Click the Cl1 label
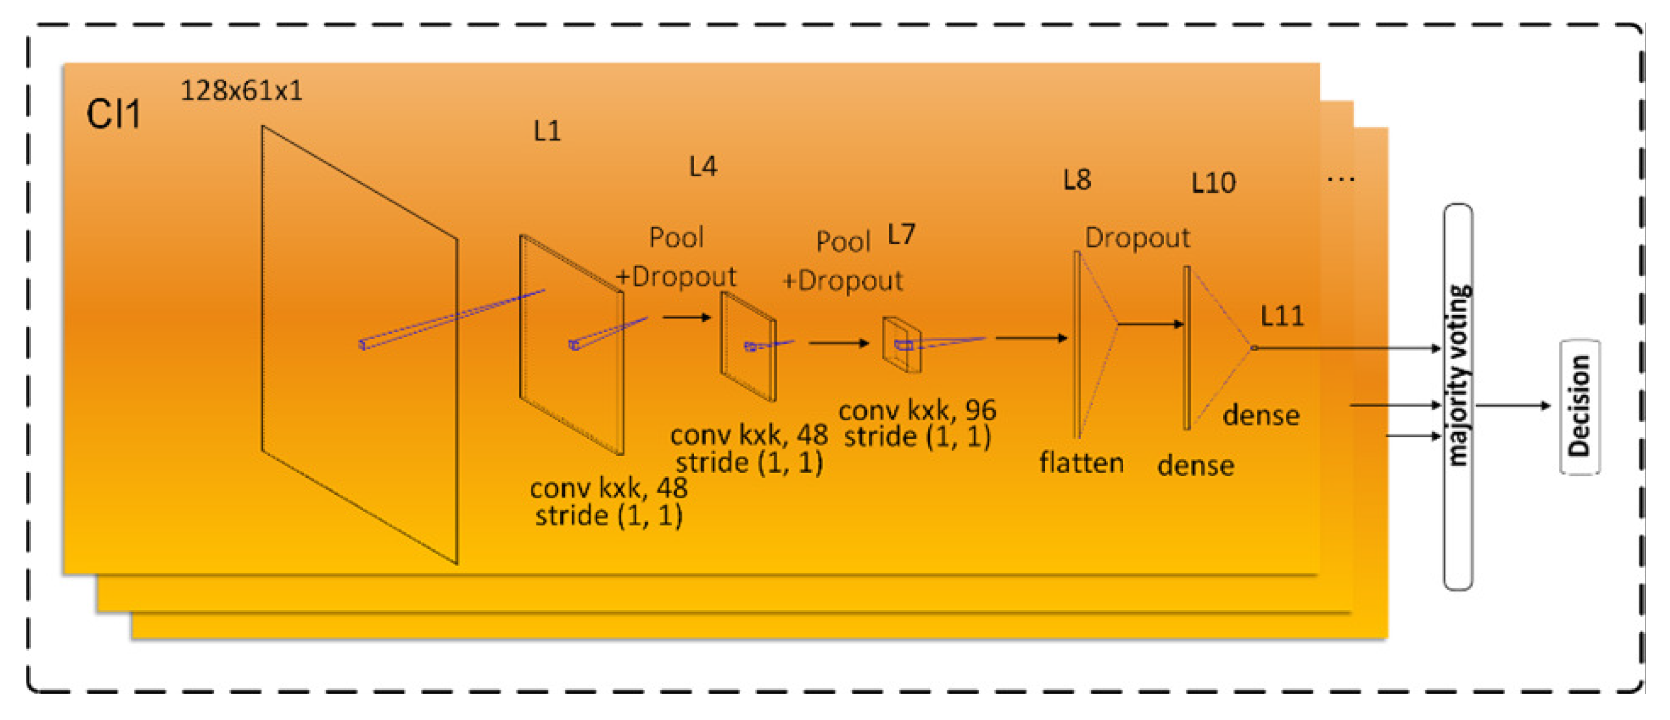(x=113, y=115)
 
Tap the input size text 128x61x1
(x=241, y=91)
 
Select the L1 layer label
(x=547, y=132)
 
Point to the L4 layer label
(x=703, y=167)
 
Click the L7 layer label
(x=901, y=234)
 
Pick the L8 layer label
(x=1077, y=180)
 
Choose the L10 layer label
(x=1213, y=183)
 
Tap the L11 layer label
(x=1281, y=316)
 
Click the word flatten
(x=1081, y=463)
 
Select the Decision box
(x=1579, y=406)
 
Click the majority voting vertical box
(x=1458, y=397)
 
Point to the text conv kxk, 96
(x=917, y=410)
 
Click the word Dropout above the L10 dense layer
(x=1137, y=238)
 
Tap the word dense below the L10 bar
(x=1195, y=465)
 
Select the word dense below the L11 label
(x=1261, y=415)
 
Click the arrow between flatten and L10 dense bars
(x=1150, y=323)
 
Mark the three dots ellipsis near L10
(x=1341, y=180)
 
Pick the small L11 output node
(x=1254, y=348)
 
